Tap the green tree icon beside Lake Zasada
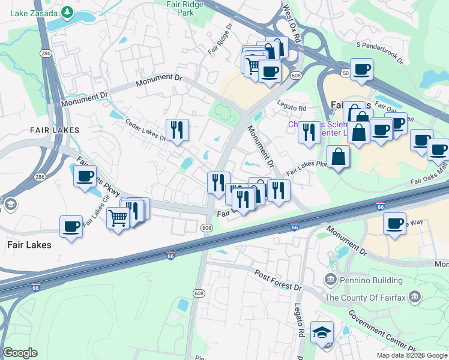pyautogui.click(x=68, y=12)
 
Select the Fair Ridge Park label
pyautogui.click(x=188, y=8)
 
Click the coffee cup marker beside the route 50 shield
pyautogui.click(x=361, y=70)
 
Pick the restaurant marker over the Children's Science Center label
pyautogui.click(x=309, y=130)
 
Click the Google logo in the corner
pyautogui.click(x=20, y=353)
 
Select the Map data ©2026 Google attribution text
pyautogui.click(x=412, y=355)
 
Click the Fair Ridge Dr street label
pyautogui.click(x=220, y=40)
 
